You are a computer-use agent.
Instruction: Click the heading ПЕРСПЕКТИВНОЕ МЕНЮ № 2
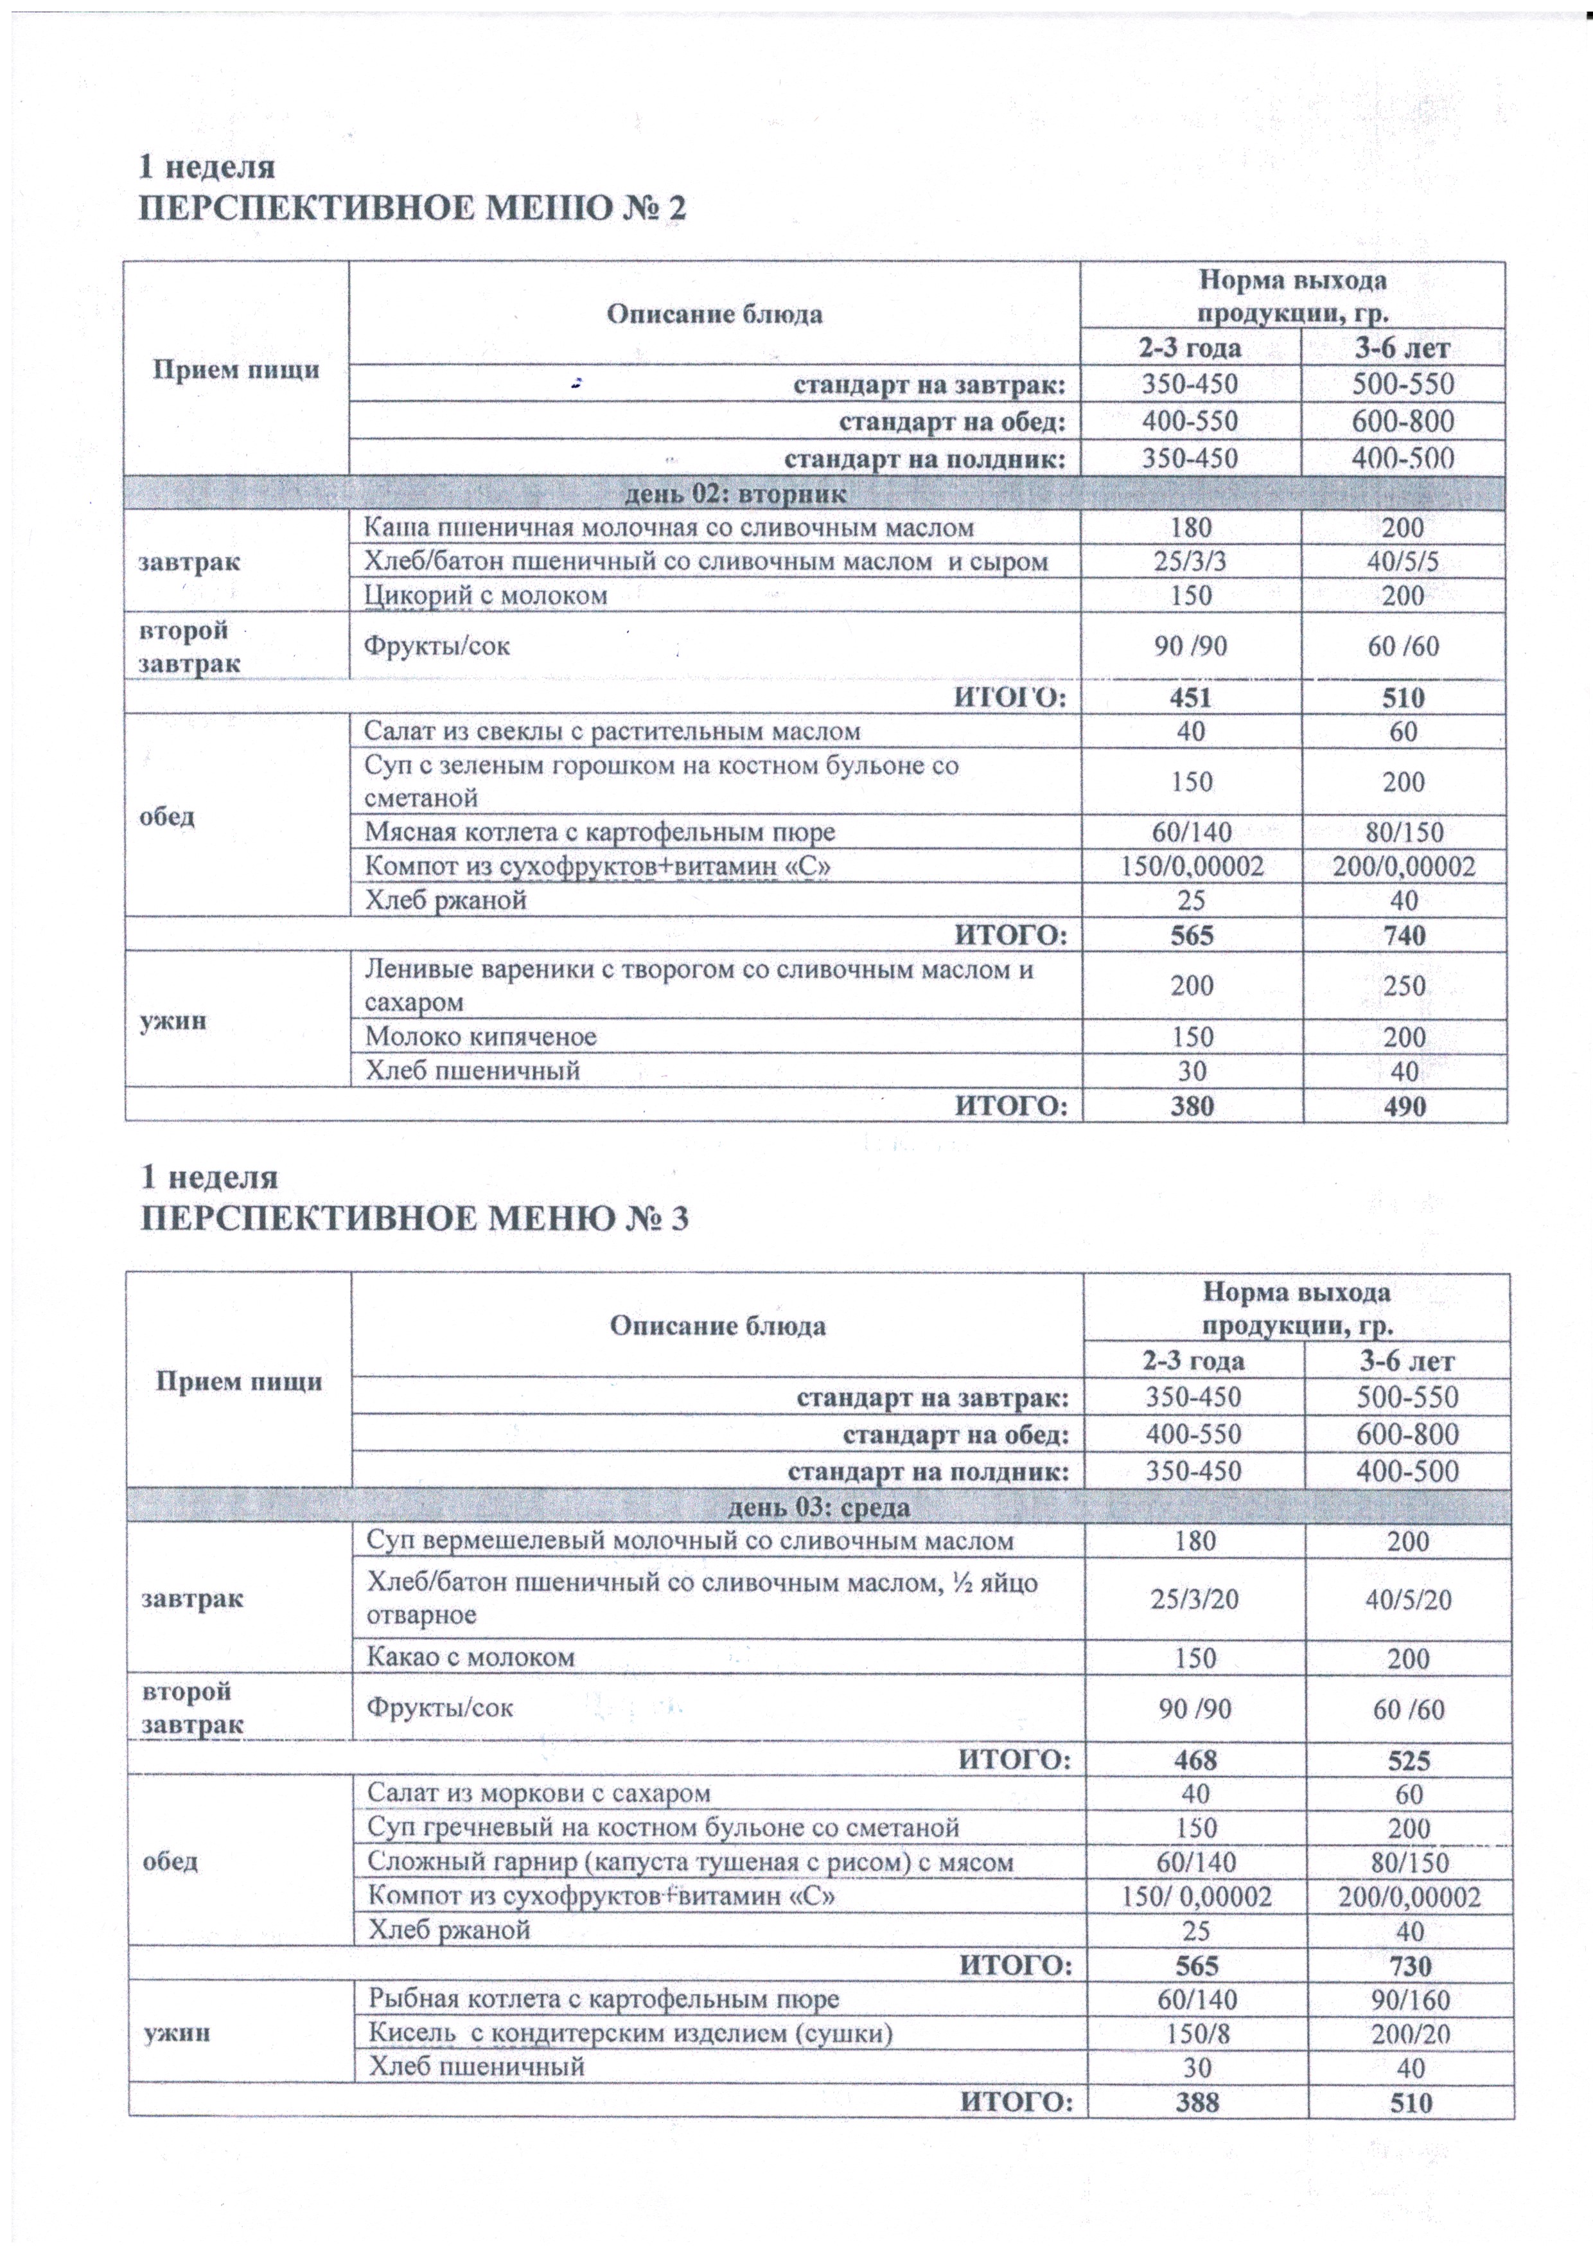point(412,209)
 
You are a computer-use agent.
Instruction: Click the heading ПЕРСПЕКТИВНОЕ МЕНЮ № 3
point(414,1218)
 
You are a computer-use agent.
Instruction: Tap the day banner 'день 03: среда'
point(818,1506)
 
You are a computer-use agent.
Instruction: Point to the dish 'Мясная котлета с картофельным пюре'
point(600,833)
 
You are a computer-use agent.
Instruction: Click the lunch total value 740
point(1404,935)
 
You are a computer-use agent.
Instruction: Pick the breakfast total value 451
point(1191,698)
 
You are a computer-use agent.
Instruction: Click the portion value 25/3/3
point(1191,562)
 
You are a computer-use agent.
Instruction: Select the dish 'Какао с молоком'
point(470,1657)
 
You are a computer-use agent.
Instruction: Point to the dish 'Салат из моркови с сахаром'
point(538,1793)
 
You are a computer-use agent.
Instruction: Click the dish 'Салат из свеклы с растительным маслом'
point(612,731)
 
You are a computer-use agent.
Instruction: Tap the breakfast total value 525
point(1409,1758)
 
